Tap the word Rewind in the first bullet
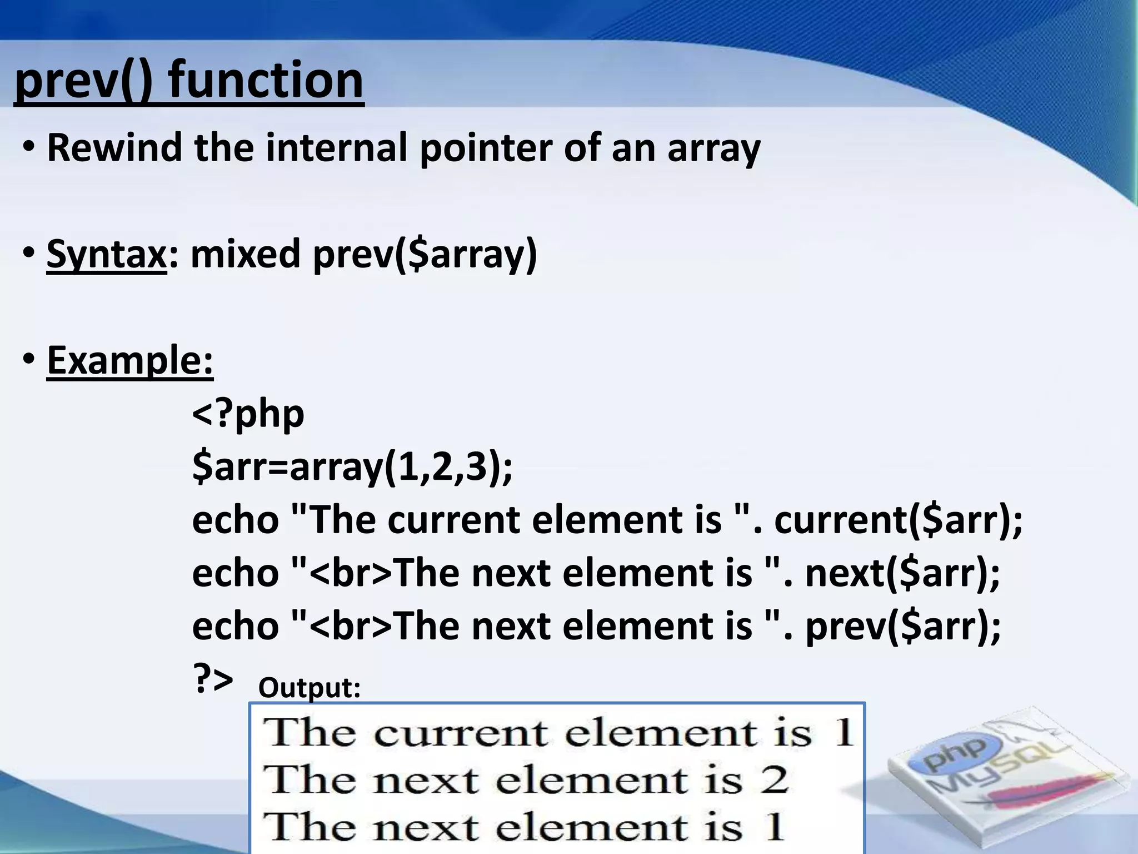click(x=114, y=148)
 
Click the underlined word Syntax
click(x=106, y=254)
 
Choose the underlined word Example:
click(x=130, y=360)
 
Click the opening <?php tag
click(x=248, y=414)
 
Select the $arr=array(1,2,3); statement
click(x=352, y=467)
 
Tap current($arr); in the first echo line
click(x=898, y=520)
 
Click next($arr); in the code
click(x=902, y=574)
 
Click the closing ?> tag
click(x=212, y=679)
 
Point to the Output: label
click(x=310, y=688)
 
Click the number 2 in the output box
click(x=774, y=779)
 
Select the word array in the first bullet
click(x=713, y=149)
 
